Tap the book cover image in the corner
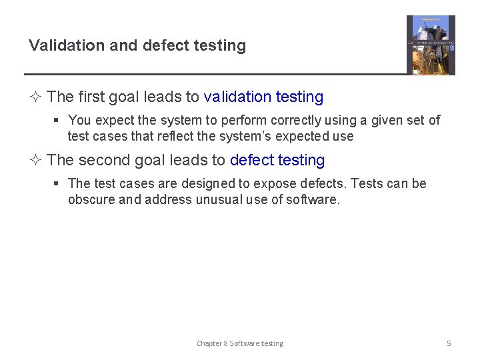point(431,45)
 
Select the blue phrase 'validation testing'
point(263,97)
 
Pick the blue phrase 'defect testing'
point(277,161)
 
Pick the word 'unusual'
point(219,200)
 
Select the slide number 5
point(449,343)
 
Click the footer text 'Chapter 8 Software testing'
point(240,343)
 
